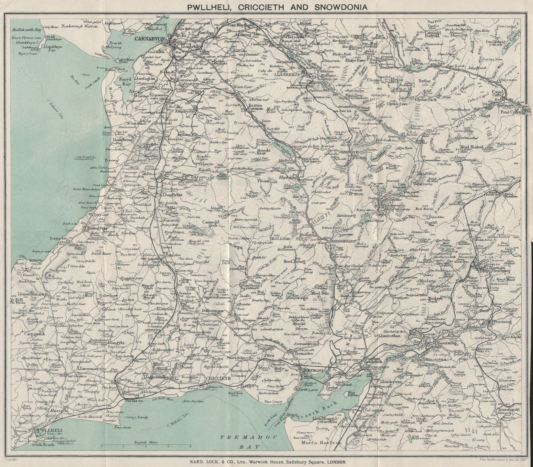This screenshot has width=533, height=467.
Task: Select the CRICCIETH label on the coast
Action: pos(219,369)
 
